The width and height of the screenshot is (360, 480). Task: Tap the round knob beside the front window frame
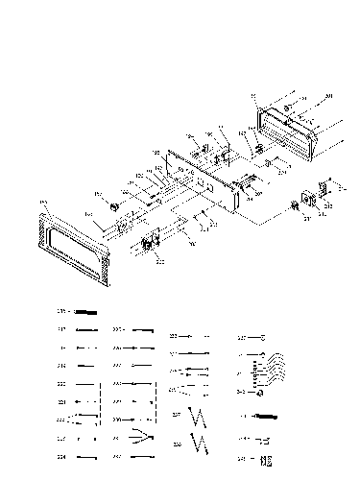coord(113,205)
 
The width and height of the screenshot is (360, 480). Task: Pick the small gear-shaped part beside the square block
coord(295,206)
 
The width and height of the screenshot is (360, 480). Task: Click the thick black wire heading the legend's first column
coord(86,312)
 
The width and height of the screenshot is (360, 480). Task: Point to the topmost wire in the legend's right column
coord(255,338)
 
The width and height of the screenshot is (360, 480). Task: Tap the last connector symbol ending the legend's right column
coord(264,461)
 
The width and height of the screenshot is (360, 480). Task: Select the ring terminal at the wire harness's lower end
coord(257,395)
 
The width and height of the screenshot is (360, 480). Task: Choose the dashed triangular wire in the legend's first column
coord(86,420)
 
